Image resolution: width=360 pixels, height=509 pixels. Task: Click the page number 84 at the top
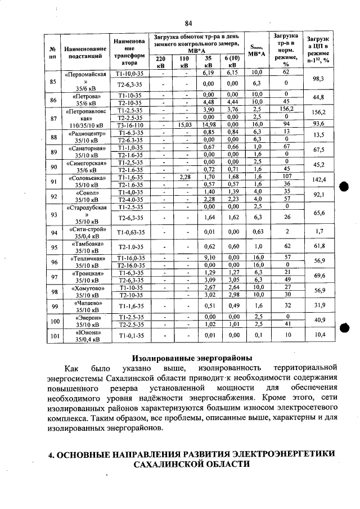pos(188,22)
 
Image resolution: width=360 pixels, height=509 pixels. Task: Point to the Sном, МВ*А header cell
pos(256,51)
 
